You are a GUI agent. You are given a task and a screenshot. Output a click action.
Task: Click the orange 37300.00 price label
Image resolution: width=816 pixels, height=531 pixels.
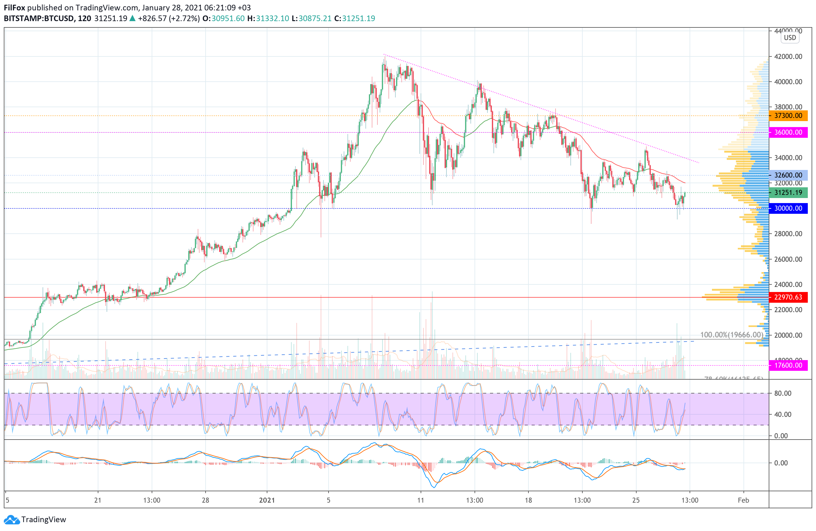click(788, 115)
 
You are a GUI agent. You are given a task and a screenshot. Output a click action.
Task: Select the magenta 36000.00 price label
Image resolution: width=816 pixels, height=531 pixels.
click(788, 132)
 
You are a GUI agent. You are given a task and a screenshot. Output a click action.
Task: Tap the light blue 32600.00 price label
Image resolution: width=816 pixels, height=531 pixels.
click(788, 175)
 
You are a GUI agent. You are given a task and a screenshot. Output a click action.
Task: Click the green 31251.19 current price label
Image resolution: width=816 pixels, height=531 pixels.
click(788, 193)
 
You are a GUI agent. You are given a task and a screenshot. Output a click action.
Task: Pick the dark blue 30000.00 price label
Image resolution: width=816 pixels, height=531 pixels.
click(788, 208)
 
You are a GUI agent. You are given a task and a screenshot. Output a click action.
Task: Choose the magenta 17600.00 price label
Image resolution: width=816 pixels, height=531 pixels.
click(788, 365)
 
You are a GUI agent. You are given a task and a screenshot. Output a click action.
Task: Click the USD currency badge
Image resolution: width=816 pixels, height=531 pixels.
click(790, 38)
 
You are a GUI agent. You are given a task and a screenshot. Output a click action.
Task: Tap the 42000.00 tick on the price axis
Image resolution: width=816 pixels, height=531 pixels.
click(788, 56)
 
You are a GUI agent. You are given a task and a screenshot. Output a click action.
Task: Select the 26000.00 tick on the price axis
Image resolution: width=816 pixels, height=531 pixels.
click(788, 259)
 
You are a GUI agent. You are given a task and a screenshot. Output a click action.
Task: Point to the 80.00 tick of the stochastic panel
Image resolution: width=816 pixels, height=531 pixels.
click(783, 393)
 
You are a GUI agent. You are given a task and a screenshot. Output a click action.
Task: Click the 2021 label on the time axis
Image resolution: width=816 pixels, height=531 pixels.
click(267, 500)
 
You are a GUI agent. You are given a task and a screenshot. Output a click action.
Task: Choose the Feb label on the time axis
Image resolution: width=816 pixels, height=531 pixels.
click(743, 500)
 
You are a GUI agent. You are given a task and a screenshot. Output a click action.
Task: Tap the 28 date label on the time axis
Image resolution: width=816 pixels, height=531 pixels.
click(205, 500)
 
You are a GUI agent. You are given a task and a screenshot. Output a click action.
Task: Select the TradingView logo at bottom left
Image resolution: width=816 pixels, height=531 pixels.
click(35, 519)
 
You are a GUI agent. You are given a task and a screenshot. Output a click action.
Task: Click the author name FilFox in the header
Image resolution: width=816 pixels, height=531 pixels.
click(15, 8)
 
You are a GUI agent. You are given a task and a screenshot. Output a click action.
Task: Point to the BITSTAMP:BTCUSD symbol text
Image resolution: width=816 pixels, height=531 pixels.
click(39, 19)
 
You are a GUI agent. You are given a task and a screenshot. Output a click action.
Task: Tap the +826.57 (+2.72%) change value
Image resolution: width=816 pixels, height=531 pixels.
click(169, 19)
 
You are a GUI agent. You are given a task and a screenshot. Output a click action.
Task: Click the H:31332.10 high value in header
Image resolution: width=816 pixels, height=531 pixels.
click(268, 19)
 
